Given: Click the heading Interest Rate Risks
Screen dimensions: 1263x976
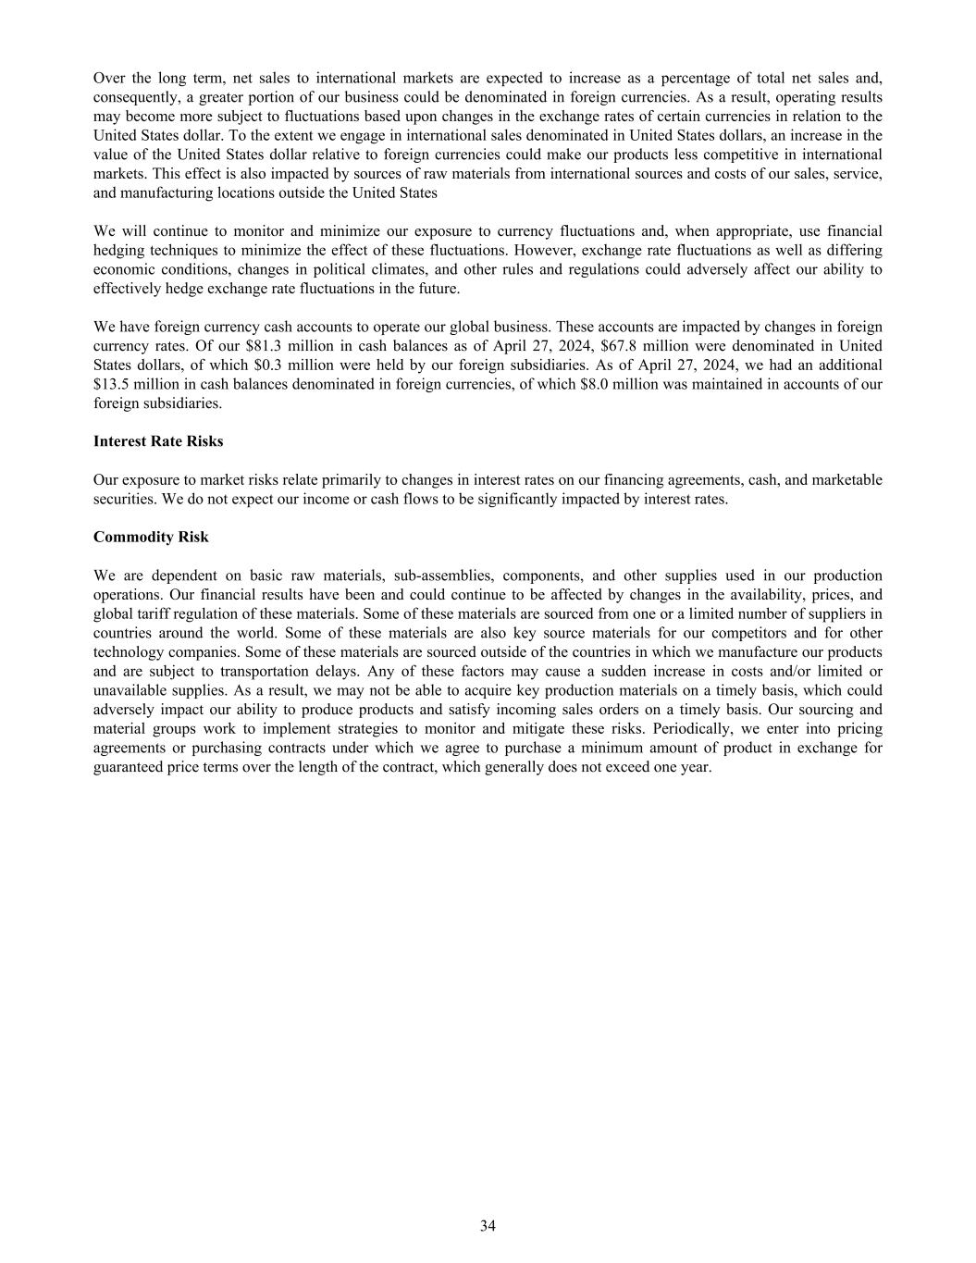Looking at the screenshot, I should [158, 441].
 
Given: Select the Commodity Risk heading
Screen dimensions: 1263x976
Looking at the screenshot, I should [151, 537].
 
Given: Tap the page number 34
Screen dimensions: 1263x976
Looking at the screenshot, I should [488, 1226].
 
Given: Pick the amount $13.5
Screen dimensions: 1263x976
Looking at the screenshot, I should [112, 384].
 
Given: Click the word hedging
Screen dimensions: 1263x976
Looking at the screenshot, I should [117, 251].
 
